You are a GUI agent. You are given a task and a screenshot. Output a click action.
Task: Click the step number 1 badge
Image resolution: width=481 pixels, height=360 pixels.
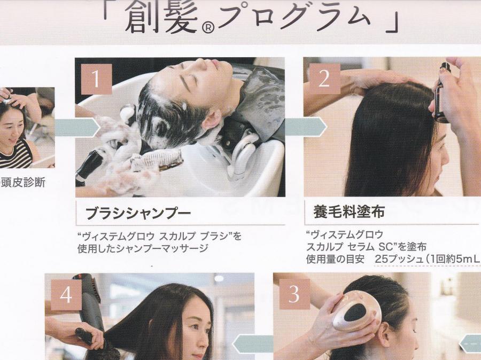96,79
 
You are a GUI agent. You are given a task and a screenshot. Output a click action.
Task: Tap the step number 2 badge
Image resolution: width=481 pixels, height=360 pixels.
324,79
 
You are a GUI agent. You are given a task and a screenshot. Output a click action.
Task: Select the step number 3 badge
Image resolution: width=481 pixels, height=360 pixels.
294,294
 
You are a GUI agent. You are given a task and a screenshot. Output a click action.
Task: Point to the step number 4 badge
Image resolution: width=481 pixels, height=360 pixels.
66,295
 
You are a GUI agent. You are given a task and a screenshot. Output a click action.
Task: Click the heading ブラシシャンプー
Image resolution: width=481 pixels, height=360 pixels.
138,213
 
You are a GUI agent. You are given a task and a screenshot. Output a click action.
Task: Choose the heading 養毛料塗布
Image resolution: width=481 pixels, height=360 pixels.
349,212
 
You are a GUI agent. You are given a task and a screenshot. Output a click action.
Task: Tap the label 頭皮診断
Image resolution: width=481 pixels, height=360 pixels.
24,182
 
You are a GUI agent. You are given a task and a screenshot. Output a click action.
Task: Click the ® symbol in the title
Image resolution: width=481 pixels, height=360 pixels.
208,28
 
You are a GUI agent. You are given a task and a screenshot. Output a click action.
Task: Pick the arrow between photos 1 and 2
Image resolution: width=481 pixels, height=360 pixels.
306,127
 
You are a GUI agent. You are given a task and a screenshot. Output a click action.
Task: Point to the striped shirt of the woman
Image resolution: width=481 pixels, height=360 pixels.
16,155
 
